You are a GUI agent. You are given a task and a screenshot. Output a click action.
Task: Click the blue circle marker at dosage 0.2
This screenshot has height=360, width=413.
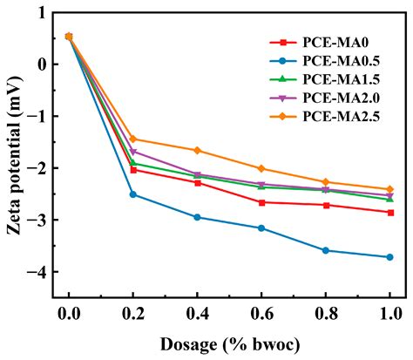133,194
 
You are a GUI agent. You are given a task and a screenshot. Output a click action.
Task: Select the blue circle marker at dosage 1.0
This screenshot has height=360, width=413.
389,257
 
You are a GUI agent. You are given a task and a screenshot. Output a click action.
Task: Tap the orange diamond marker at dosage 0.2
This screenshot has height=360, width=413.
133,139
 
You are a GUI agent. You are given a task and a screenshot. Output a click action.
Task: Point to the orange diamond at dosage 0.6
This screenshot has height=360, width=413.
261,168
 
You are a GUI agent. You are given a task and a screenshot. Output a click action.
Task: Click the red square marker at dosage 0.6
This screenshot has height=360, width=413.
261,202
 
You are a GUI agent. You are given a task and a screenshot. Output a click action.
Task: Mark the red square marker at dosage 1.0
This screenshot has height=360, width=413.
389,213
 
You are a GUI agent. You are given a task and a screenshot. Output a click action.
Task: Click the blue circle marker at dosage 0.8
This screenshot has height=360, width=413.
326,250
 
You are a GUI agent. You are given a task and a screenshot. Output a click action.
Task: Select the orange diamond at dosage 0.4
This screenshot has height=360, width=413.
198,150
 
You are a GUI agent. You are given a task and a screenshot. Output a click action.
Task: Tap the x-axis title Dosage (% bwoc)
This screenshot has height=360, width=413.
229,344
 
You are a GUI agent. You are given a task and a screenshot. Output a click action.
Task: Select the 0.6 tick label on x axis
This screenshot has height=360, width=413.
261,314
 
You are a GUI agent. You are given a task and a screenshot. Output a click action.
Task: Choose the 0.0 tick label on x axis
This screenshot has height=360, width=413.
69,314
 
